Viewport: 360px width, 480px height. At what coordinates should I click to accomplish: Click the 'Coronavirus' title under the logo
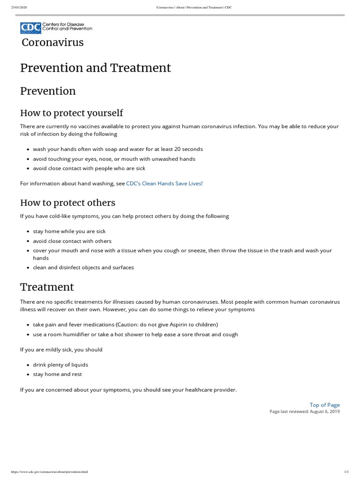[53, 43]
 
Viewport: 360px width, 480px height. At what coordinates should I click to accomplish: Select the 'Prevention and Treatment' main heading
[96, 67]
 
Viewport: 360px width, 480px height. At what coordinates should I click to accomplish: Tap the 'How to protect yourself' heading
[71, 112]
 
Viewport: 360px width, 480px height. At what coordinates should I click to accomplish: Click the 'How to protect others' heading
[67, 202]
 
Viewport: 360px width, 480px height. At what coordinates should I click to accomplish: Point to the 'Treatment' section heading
[47, 286]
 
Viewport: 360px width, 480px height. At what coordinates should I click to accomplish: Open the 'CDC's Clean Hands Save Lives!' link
[165, 183]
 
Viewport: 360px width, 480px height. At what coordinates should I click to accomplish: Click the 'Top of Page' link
[324, 405]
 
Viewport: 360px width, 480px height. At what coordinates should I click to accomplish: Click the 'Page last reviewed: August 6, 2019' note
[305, 412]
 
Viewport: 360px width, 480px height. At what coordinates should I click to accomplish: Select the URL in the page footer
[49, 472]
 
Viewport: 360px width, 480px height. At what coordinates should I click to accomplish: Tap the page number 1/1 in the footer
[346, 472]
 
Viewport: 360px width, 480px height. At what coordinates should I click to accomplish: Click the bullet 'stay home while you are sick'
[69, 232]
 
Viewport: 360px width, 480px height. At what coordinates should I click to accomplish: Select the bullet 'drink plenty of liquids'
[60, 365]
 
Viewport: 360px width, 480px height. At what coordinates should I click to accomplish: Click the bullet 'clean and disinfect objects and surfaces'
[83, 268]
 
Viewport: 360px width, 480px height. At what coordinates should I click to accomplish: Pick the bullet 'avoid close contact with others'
[72, 241]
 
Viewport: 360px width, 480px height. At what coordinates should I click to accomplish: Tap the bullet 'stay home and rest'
[58, 374]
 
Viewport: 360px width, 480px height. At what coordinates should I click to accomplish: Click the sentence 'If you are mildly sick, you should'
[61, 350]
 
